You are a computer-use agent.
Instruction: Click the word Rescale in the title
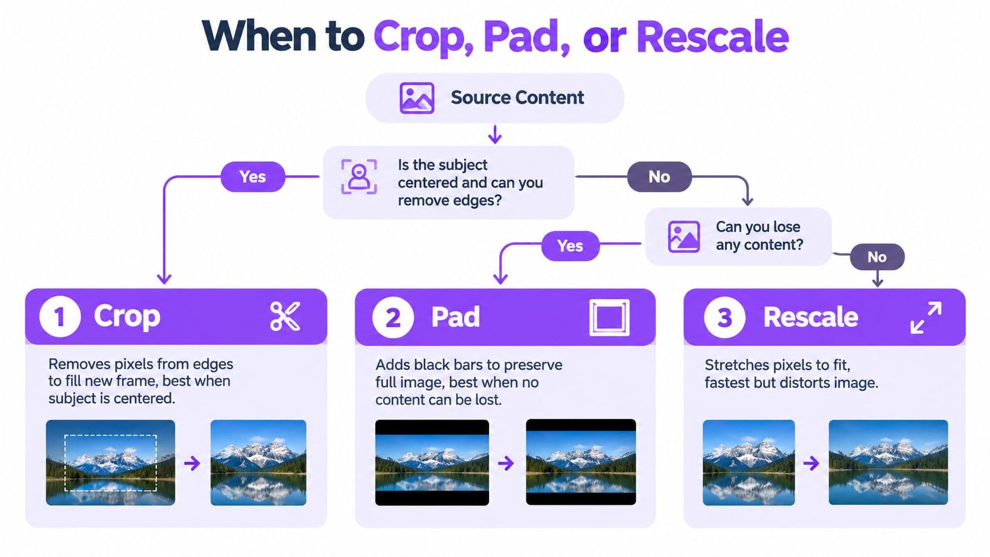pyautogui.click(x=712, y=37)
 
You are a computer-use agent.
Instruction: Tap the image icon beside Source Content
pyautogui.click(x=417, y=98)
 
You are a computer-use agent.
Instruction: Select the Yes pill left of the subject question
pyautogui.click(x=253, y=176)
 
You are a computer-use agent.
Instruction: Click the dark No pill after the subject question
pyautogui.click(x=660, y=176)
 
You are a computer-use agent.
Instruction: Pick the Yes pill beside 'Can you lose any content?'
pyautogui.click(x=570, y=246)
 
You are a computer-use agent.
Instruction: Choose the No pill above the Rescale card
pyautogui.click(x=877, y=257)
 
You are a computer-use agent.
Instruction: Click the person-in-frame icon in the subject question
pyautogui.click(x=359, y=176)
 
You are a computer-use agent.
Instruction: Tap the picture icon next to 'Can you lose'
pyautogui.click(x=684, y=237)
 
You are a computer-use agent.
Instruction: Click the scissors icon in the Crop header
pyautogui.click(x=285, y=316)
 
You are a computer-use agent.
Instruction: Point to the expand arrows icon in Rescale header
pyautogui.click(x=926, y=317)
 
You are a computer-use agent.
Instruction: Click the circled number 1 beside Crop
pyautogui.click(x=60, y=317)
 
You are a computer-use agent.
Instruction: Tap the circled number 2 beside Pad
pyautogui.click(x=393, y=318)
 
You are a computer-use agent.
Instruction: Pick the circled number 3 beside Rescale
pyautogui.click(x=724, y=318)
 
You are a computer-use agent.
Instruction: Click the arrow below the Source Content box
pyautogui.click(x=495, y=134)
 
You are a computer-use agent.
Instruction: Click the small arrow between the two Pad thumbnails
pyautogui.click(x=506, y=463)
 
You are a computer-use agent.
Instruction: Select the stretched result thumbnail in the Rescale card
pyautogui.click(x=888, y=462)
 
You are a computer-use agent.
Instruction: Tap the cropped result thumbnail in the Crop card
pyautogui.click(x=259, y=462)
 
